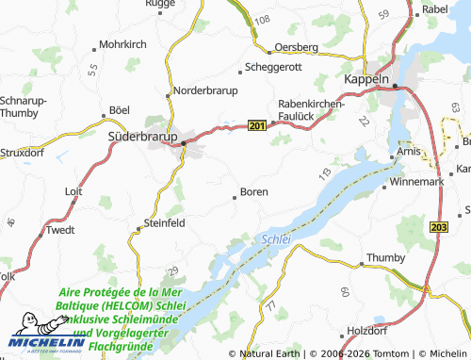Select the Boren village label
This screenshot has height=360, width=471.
pyautogui.click(x=254, y=191)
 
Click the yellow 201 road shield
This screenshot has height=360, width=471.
pyautogui.click(x=257, y=124)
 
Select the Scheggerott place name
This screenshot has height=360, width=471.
pyautogui.click(x=275, y=68)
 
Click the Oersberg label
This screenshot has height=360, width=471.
pyautogui.click(x=298, y=46)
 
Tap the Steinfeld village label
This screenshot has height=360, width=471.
pyautogui.click(x=170, y=222)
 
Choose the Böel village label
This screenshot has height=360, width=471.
pyautogui.click(x=120, y=110)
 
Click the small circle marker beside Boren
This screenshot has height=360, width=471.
pyautogui.click(x=235, y=197)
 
